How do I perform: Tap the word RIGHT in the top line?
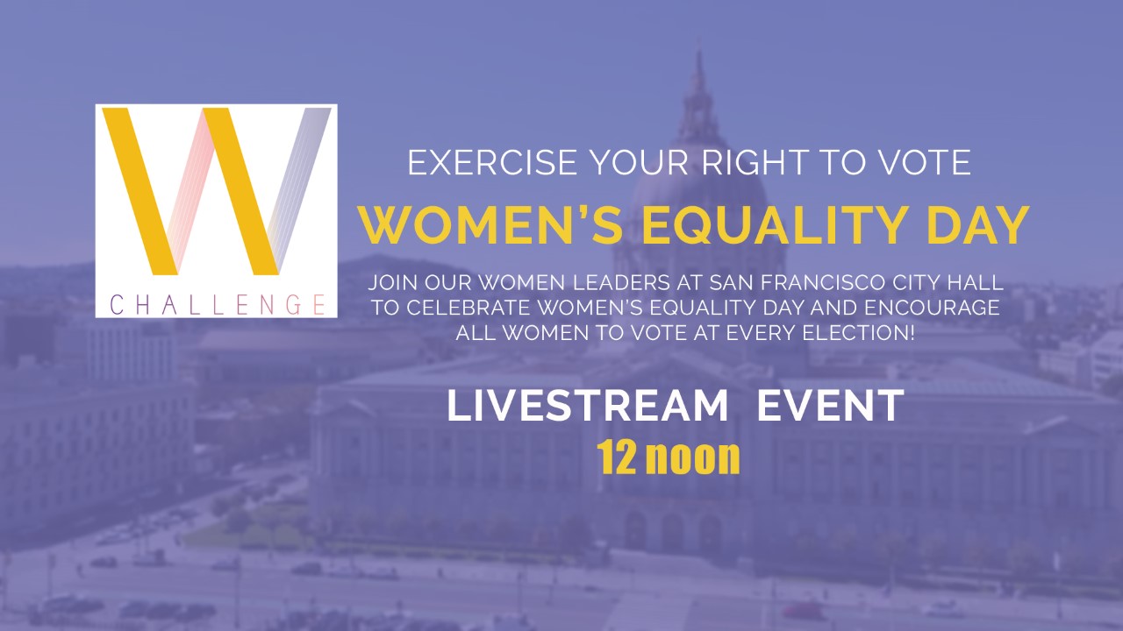754,162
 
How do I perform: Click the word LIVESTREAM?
587,405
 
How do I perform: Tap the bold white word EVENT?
830,405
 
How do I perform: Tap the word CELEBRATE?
468,308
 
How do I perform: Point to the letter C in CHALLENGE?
117,304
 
